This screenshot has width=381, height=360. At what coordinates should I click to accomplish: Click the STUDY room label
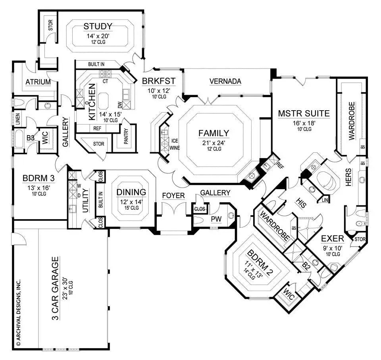(98, 27)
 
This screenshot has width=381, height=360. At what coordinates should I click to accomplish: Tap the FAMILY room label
(214, 133)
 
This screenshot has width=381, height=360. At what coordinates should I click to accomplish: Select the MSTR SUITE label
(304, 114)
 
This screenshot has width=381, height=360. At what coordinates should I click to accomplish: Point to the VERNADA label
(225, 81)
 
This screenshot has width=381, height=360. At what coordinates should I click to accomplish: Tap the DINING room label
(131, 192)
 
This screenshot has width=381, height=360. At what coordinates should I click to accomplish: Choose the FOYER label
(173, 195)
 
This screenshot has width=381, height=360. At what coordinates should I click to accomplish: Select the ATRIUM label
(38, 82)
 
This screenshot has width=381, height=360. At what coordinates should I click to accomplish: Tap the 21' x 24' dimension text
(214, 142)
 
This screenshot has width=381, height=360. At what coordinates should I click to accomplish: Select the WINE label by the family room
(175, 148)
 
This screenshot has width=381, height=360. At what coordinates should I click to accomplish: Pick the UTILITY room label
(85, 201)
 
